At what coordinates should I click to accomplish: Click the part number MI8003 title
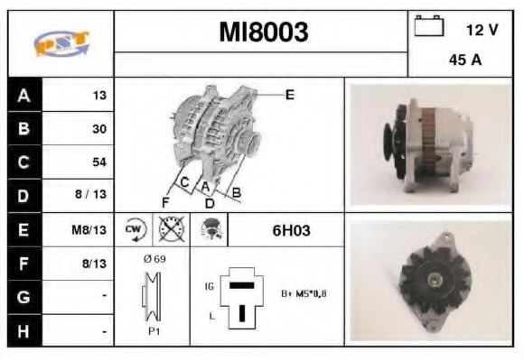[x=263, y=32]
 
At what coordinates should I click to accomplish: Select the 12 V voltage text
[x=482, y=30]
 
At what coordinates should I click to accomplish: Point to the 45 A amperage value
[x=464, y=62]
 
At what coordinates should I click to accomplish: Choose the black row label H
[x=23, y=330]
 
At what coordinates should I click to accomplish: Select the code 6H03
[x=291, y=230]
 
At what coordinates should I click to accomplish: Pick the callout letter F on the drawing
[x=165, y=200]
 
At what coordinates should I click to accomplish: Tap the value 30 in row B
[x=98, y=128]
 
